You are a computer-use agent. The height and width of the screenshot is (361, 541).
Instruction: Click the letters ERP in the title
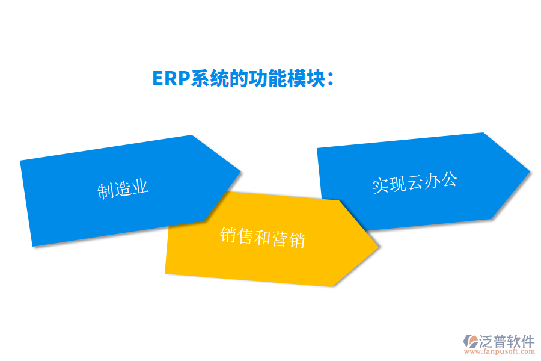point(171,79)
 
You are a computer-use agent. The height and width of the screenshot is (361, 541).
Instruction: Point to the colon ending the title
point(331,79)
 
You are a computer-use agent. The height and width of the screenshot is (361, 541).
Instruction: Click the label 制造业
point(123,189)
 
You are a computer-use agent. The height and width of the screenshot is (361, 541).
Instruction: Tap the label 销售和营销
point(263,237)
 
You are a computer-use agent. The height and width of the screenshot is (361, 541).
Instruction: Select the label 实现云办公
point(415,182)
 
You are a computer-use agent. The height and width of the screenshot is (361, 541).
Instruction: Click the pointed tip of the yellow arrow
point(379,247)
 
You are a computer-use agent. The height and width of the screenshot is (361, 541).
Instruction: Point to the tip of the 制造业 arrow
point(240,171)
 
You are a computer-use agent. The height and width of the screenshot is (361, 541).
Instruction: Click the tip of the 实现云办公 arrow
point(530,171)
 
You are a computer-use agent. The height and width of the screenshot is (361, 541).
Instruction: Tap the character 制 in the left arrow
point(106,191)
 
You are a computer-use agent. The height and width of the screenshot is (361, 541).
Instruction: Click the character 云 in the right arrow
point(415,182)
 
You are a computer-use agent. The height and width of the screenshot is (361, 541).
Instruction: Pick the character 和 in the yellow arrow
point(263,237)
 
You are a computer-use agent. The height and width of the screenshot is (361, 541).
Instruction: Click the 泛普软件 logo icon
point(471,341)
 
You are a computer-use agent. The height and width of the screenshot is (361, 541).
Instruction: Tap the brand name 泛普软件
point(507,341)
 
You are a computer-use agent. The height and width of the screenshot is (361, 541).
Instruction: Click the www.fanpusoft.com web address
point(500,351)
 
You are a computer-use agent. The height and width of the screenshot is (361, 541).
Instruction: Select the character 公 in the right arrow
point(449,179)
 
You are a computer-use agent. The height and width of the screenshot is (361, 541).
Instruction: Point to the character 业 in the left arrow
point(140,187)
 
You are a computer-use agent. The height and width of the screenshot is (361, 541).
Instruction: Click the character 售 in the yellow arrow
point(245,236)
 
